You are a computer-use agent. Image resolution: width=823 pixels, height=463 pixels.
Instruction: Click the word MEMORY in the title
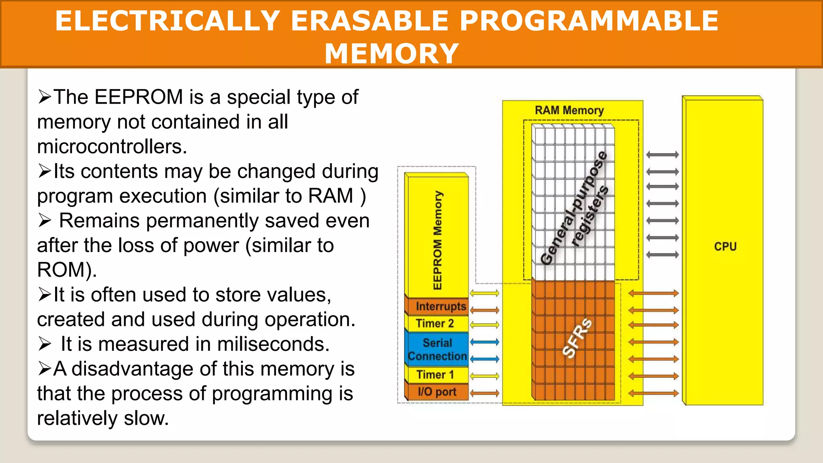point(391,53)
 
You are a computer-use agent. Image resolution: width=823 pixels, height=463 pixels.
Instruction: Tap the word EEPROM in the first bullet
point(139,97)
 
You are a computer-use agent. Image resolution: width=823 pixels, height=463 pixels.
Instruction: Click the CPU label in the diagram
point(725,246)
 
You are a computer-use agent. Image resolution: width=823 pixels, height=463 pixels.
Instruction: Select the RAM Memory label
point(569,110)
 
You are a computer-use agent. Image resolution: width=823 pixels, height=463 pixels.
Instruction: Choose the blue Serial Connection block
point(437,349)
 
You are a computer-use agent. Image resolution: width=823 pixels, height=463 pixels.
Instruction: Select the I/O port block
point(437,392)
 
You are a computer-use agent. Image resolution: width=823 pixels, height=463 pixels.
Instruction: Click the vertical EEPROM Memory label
point(438,240)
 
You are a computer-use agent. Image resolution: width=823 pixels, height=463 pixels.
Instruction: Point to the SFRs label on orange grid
point(577,338)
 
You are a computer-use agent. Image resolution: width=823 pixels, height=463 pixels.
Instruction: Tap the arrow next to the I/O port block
point(484,393)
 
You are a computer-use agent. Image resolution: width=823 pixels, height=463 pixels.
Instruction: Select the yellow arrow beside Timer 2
point(484,325)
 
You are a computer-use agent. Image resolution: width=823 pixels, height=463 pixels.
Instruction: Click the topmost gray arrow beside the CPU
point(662,155)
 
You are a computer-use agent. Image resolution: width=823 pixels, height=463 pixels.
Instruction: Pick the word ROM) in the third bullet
point(67,270)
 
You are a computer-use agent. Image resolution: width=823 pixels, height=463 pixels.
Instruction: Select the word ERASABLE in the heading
point(369,21)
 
